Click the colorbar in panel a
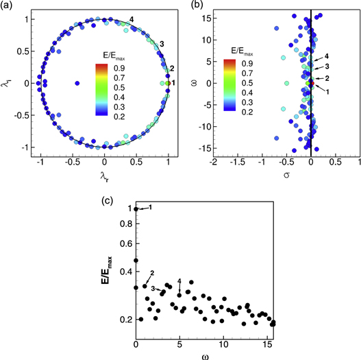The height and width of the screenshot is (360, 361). click(101, 88)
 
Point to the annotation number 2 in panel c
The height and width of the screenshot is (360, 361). click(151, 274)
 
